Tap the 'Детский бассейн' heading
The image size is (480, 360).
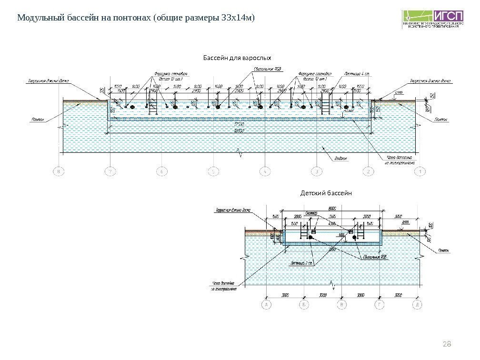(x=326, y=193)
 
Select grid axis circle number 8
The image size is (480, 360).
(x=59, y=171)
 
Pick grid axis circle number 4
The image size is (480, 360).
(x=265, y=171)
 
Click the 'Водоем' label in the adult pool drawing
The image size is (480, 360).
(x=341, y=159)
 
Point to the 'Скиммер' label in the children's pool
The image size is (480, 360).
(x=311, y=213)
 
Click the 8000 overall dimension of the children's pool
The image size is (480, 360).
(x=333, y=208)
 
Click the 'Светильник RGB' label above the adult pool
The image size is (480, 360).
(x=269, y=69)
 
